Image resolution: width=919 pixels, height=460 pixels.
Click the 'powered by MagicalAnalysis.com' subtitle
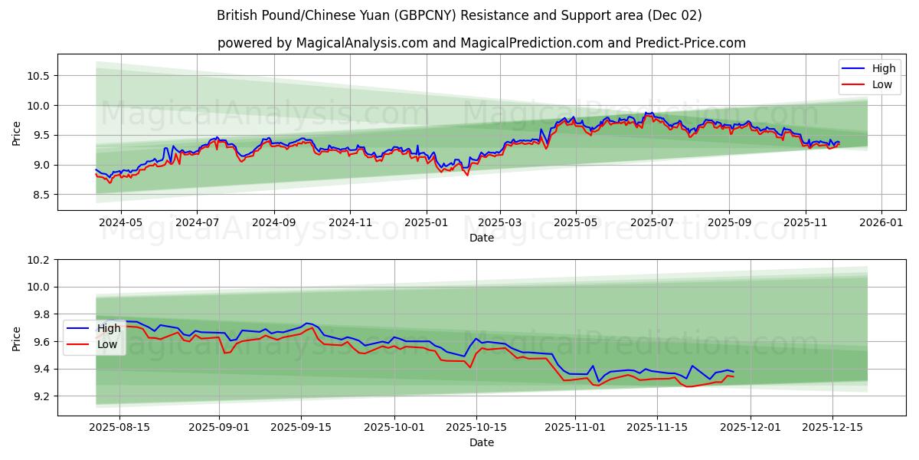coord(481,43)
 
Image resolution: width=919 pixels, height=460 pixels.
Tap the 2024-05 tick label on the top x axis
coord(121,222)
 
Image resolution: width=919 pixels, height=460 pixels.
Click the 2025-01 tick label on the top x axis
coord(425,222)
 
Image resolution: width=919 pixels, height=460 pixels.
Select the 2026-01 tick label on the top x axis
coord(881,222)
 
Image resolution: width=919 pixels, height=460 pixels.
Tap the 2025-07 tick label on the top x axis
coord(652,222)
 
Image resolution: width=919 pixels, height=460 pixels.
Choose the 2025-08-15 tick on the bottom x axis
coord(119,427)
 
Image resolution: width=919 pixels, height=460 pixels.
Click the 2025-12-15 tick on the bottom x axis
coord(833,427)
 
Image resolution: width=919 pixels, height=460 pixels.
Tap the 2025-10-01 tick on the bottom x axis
coord(394,427)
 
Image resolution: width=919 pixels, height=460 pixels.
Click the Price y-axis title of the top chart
coord(17,133)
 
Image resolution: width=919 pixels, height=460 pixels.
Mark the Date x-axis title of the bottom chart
coord(481,442)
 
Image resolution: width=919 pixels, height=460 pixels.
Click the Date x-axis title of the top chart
coord(481,238)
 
